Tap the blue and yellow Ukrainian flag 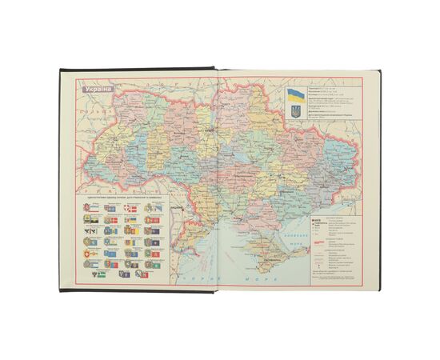click(x=295, y=97)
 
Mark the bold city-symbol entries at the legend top click(x=315, y=224)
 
